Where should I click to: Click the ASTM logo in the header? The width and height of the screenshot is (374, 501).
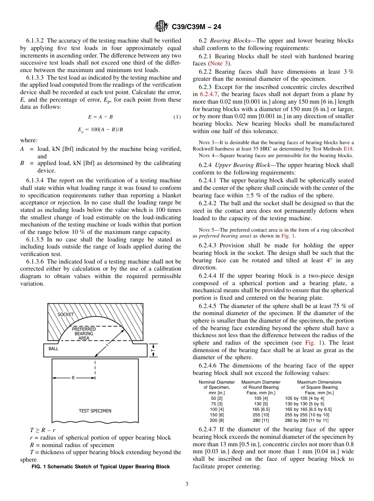tap(161, 27)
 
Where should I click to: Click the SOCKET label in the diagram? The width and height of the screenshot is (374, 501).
tap(66, 315)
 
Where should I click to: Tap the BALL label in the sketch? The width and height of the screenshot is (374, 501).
tap(54, 349)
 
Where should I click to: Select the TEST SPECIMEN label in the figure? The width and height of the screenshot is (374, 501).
tap(95, 411)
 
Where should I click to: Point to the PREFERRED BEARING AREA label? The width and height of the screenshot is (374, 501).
tap(83, 333)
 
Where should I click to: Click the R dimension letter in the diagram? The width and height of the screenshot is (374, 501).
tap(73, 378)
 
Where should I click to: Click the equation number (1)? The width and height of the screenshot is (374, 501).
tap(177, 117)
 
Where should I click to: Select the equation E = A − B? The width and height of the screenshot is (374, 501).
tap(100, 117)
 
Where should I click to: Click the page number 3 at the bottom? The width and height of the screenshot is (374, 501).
tap(187, 484)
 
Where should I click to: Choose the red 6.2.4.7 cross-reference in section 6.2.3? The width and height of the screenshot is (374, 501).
tap(209, 94)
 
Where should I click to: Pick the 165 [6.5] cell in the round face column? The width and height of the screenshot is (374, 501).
tap(261, 409)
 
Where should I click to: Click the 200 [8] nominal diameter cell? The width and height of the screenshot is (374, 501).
tap(217, 420)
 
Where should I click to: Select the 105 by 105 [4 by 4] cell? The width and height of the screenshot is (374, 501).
tap(304, 398)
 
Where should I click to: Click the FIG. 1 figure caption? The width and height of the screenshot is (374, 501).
tap(100, 467)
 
